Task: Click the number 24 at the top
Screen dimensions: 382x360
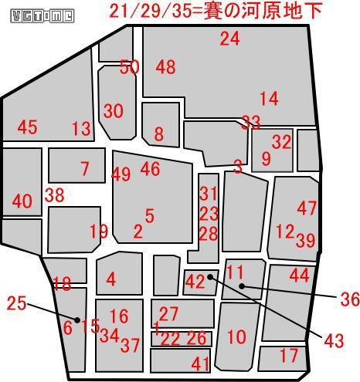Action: [x=229, y=39]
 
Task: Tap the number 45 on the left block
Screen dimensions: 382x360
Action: [x=27, y=127]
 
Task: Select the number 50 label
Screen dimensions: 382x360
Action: [x=130, y=67]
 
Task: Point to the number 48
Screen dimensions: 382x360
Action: [x=165, y=67]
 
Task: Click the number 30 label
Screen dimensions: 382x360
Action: [x=114, y=111]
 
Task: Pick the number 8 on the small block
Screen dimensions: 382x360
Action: [x=159, y=134]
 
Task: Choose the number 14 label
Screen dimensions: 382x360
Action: [x=268, y=99]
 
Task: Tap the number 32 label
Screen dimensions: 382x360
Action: [x=281, y=141]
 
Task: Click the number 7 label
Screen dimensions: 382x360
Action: [x=85, y=168]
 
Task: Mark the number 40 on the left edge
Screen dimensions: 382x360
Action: [x=22, y=202]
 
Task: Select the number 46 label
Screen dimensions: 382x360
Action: [x=150, y=168]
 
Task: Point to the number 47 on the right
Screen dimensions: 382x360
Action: [x=307, y=208]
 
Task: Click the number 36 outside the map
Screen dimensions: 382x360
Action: [x=349, y=299]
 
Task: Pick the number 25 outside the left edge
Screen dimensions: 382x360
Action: [x=16, y=303]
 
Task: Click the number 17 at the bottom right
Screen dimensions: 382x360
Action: [x=288, y=356]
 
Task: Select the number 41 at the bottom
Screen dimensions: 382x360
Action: [x=201, y=363]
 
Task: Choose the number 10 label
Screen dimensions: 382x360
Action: [x=236, y=336]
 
